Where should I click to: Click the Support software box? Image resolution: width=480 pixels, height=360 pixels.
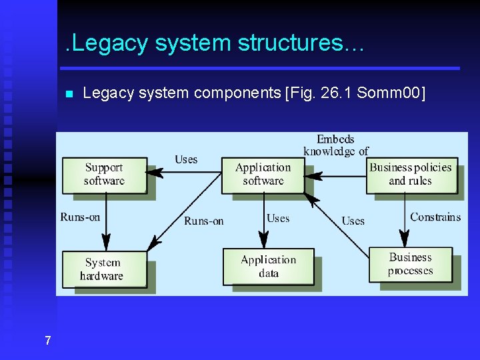click(104, 175)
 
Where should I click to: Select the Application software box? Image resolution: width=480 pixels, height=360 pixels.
click(263, 175)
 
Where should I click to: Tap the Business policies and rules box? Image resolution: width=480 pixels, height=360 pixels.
click(410, 175)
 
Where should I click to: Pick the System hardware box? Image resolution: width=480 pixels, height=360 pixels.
click(103, 269)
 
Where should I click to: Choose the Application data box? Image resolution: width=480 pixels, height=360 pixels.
click(268, 267)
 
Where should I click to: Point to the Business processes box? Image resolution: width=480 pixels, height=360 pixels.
click(410, 264)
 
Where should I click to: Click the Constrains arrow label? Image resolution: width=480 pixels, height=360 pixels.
click(435, 217)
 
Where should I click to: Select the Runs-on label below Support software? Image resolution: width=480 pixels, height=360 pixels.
click(80, 217)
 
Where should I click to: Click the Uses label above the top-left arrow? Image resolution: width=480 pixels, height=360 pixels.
click(186, 159)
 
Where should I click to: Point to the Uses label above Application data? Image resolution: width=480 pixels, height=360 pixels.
click(278, 218)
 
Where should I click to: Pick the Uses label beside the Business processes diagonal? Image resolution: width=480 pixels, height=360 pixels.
click(353, 221)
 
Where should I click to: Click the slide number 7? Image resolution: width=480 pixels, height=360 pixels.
click(47, 341)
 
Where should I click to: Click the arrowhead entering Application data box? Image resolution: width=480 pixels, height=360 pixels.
click(263, 241)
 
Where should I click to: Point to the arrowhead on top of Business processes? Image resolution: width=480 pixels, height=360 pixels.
click(405, 239)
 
